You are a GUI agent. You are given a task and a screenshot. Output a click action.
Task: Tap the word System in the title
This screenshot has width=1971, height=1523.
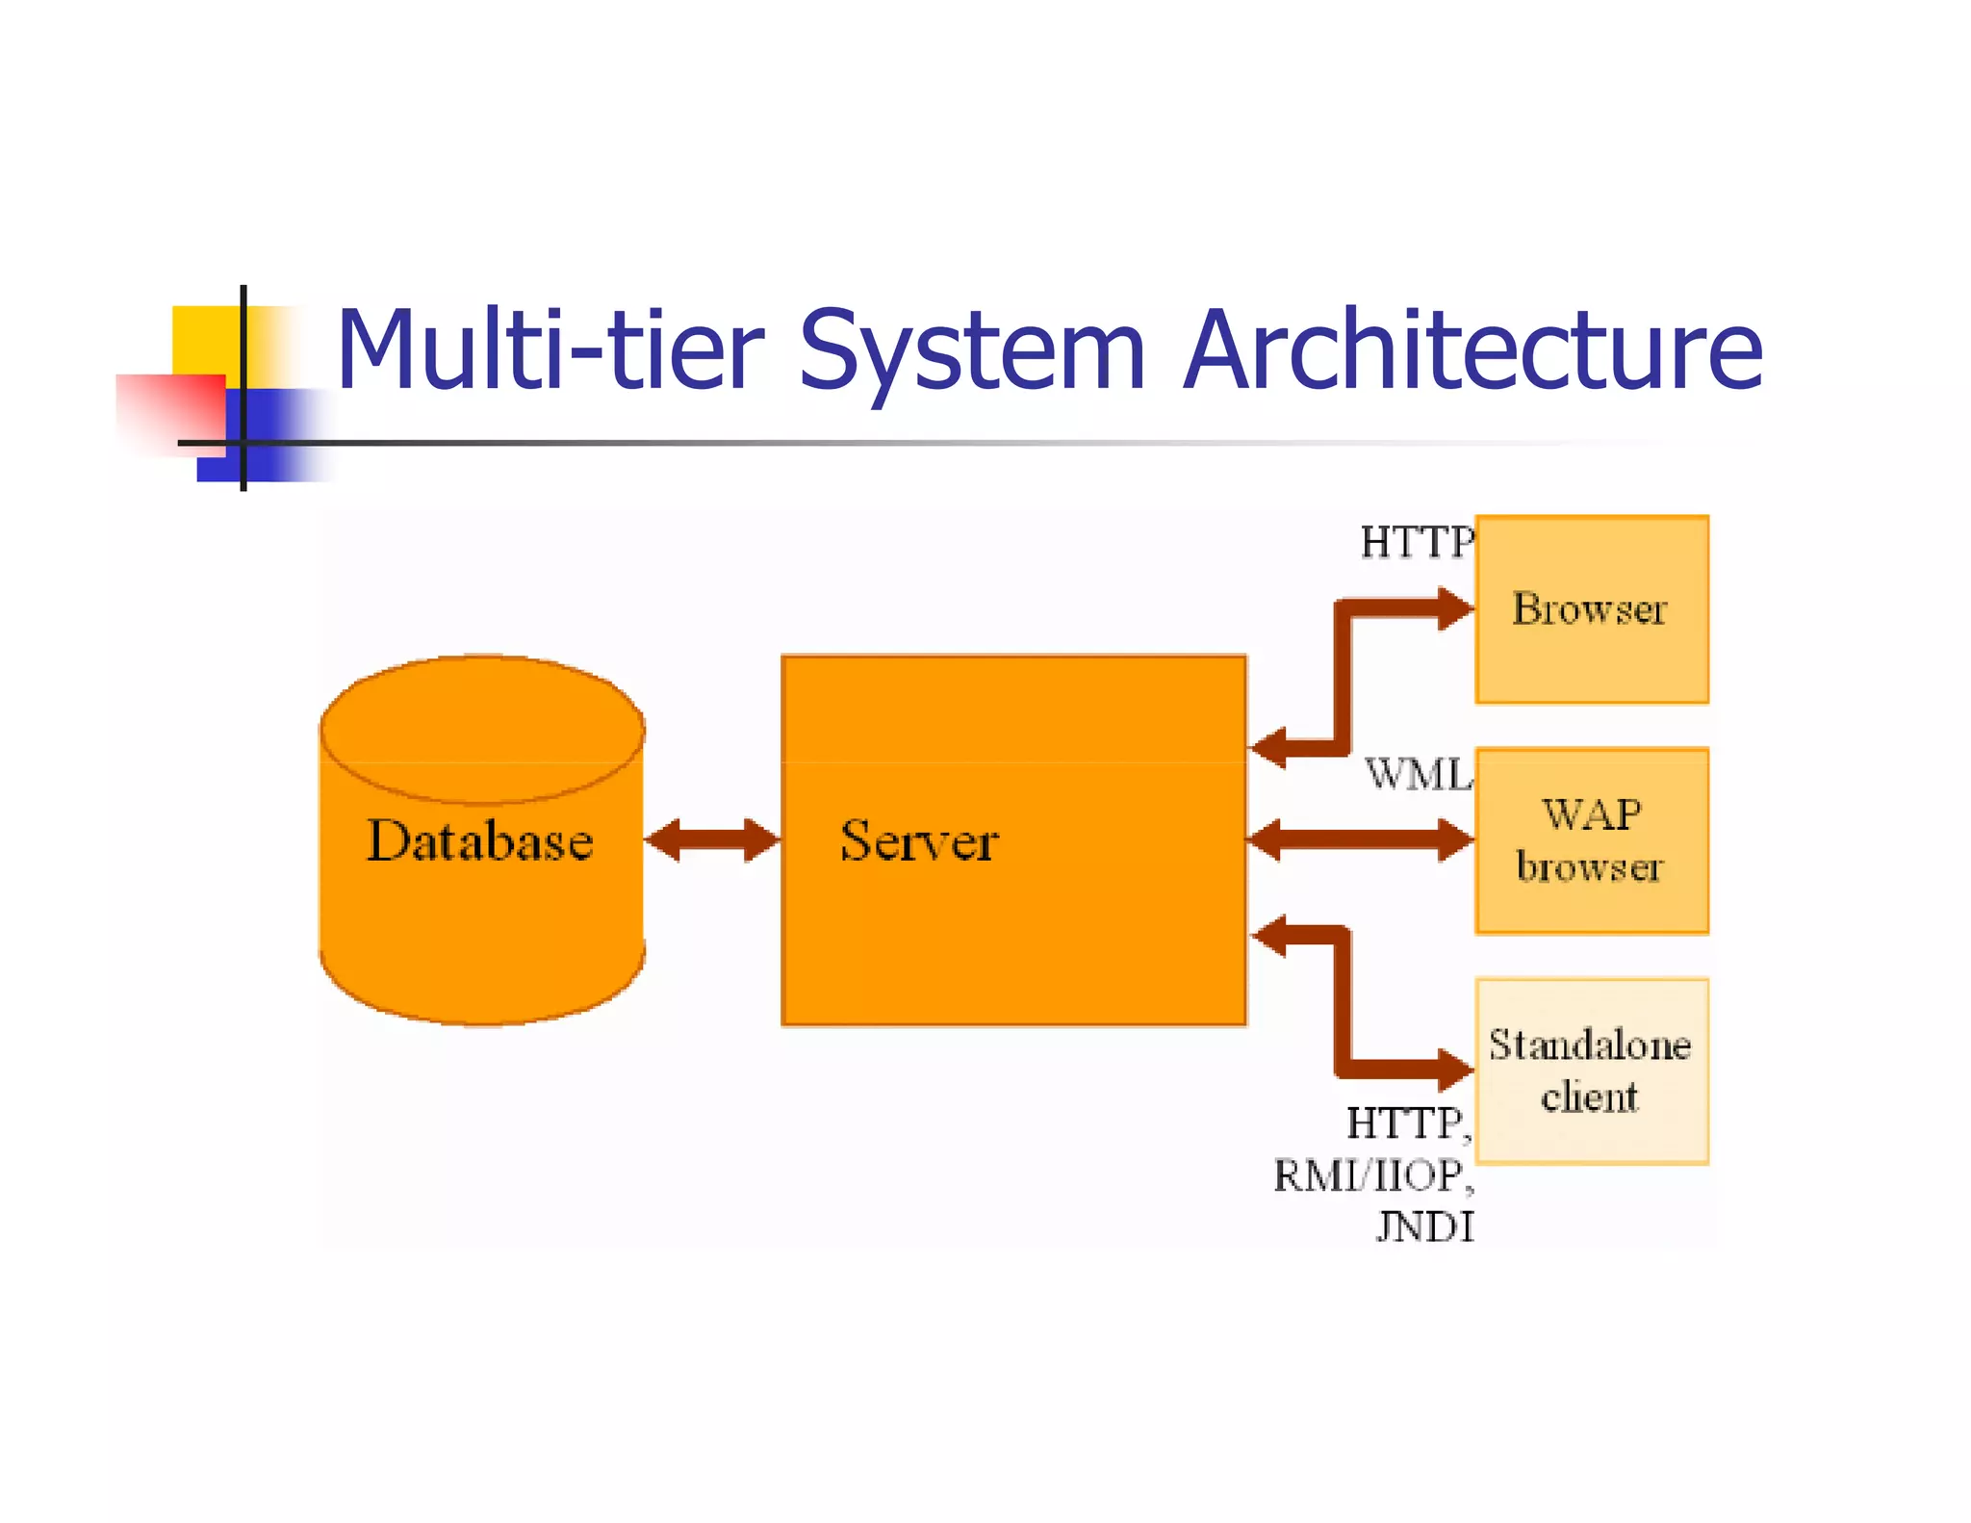971,351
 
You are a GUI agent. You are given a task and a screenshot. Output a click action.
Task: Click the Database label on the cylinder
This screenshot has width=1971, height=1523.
479,840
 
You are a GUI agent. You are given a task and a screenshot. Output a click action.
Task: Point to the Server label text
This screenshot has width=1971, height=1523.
919,840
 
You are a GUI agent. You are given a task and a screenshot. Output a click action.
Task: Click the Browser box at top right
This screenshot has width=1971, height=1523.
1591,609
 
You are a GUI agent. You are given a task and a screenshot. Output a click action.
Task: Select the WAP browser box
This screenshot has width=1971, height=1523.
1591,840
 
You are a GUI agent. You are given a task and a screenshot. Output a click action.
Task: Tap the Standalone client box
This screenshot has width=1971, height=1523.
1591,1071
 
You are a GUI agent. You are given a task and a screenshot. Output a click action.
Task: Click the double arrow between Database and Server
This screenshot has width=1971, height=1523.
711,839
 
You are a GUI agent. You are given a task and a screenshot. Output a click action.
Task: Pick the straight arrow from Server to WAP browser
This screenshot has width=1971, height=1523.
1359,839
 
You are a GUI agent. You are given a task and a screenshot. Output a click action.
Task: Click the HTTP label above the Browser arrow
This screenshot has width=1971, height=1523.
1416,543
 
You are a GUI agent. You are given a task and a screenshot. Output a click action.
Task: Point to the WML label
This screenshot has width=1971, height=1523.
1419,774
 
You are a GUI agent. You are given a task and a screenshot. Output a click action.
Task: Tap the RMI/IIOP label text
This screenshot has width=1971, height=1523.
1370,1175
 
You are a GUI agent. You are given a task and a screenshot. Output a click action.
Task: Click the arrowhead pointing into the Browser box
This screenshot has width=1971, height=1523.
1455,608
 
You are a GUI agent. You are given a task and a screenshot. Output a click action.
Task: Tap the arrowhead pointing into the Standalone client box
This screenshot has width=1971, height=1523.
1455,1069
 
